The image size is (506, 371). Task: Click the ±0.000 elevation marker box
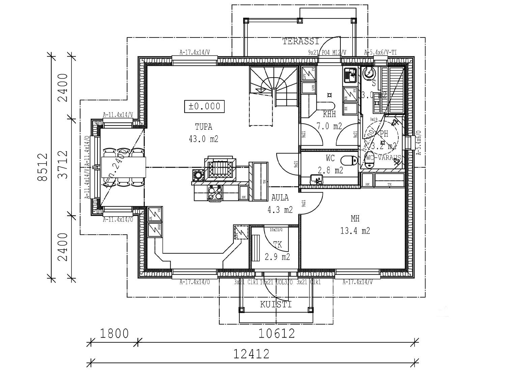click(204, 106)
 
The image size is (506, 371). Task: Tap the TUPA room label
click(204, 127)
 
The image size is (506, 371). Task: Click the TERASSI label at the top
click(301, 41)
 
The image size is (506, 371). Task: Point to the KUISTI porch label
click(276, 305)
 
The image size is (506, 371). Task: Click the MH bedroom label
click(355, 219)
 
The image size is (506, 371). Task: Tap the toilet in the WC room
click(349, 160)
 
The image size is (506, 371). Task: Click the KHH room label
click(329, 115)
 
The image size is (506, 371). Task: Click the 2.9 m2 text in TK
click(277, 257)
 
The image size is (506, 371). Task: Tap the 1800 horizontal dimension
click(114, 334)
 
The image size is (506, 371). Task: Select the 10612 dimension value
click(277, 334)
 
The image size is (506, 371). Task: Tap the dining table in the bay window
click(123, 168)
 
